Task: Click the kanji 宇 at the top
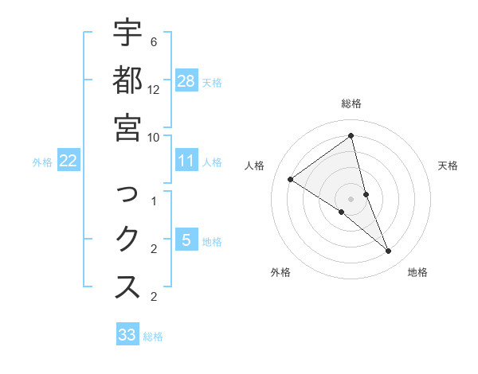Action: [127, 35]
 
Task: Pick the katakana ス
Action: [127, 287]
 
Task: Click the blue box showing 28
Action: [186, 81]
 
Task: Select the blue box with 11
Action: [186, 161]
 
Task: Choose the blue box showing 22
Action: [69, 161]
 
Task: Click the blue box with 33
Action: [127, 335]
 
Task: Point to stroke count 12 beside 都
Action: [154, 89]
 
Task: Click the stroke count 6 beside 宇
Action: [153, 41]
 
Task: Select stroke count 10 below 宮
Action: [154, 136]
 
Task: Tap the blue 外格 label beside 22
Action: [42, 162]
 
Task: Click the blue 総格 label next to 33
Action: [153, 337]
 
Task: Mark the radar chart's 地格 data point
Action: [389, 251]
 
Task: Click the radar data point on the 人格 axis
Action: [291, 180]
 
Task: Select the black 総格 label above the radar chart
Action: [351, 103]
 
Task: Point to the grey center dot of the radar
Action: [351, 198]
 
